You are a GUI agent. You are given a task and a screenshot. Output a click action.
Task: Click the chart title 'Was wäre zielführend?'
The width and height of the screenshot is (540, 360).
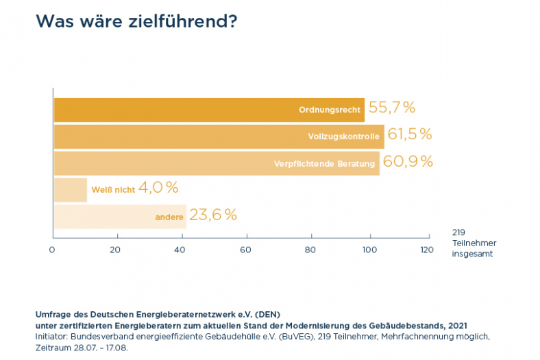136,22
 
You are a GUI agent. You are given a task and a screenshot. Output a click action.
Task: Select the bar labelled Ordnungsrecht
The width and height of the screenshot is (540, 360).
206,110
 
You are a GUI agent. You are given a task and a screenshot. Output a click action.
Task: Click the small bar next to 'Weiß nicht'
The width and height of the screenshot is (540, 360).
70,189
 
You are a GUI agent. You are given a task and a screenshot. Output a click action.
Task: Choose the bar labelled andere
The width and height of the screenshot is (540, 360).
119,217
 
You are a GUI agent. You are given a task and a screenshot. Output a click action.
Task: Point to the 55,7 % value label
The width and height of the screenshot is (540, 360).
392,108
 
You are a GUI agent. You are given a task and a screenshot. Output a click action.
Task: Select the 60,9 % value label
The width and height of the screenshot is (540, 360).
408,162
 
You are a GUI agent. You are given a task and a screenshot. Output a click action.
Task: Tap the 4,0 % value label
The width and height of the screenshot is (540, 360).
158,187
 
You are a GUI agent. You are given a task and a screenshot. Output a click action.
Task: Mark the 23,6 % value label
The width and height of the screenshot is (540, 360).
213,215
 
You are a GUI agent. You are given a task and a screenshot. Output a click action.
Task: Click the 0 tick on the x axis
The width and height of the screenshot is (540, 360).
52,250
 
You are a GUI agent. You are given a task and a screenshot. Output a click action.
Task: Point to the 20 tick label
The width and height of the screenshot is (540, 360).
115,250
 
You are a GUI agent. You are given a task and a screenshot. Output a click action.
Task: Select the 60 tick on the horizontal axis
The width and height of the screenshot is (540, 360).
246,250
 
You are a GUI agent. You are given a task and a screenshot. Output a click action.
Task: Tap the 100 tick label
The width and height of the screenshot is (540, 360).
369,250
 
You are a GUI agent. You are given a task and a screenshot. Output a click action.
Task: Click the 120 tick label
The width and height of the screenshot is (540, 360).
427,250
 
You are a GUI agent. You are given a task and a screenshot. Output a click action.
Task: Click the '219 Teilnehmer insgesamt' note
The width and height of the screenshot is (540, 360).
474,243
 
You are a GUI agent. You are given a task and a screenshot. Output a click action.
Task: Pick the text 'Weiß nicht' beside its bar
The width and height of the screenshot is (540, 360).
112,190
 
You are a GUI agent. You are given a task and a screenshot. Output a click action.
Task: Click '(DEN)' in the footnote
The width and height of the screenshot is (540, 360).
268,315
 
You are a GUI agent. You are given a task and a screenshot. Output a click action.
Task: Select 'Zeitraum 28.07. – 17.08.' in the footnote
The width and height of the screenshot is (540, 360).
82,348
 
